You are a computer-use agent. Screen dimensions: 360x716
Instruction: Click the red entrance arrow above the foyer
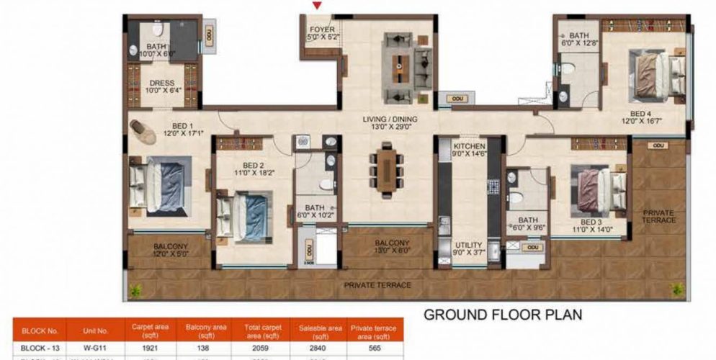[x=316, y=6]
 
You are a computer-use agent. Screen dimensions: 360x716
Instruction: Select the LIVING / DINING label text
[x=390, y=120]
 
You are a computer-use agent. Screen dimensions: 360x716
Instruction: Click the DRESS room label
[x=162, y=84]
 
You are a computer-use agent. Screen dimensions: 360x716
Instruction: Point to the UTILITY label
[x=469, y=246]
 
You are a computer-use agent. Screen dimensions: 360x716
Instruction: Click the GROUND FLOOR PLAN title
[x=502, y=315]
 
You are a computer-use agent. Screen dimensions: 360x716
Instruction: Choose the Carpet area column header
[x=151, y=330]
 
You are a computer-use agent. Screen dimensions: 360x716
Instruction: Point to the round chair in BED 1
[x=143, y=132]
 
